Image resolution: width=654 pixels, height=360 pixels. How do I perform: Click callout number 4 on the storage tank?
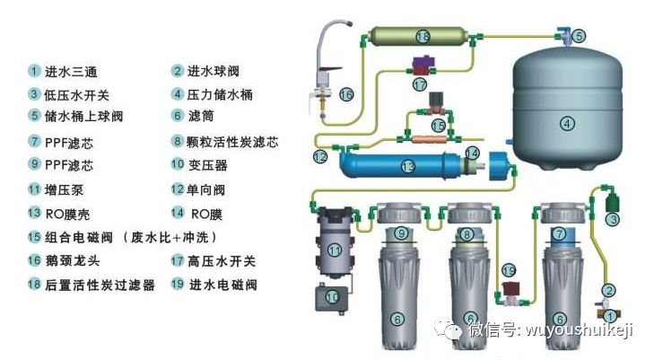pyautogui.click(x=566, y=123)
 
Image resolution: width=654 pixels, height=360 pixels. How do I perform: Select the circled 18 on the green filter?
pyautogui.click(x=423, y=36)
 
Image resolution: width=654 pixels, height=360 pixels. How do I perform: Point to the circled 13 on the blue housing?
pyautogui.click(x=408, y=167)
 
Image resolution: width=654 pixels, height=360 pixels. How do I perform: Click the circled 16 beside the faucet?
pyautogui.click(x=346, y=93)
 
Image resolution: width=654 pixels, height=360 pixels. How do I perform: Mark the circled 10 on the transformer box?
pyautogui.click(x=333, y=295)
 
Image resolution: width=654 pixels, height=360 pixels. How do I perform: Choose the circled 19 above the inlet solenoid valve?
pyautogui.click(x=509, y=269)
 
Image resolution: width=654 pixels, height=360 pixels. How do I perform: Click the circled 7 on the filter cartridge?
pyautogui.click(x=560, y=235)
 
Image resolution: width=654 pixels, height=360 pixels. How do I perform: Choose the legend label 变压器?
pyautogui.click(x=207, y=165)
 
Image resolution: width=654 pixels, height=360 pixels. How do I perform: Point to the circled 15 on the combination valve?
pyautogui.click(x=438, y=125)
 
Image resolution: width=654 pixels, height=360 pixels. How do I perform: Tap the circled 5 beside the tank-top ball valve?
pyautogui.click(x=579, y=36)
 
